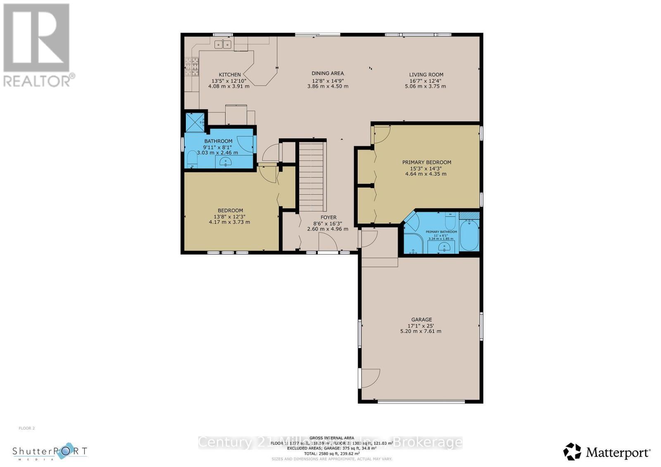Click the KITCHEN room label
click(230, 75)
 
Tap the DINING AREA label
click(328, 73)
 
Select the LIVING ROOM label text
click(426, 75)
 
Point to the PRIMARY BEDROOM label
click(426, 162)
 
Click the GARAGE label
click(421, 319)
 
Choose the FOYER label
click(328, 217)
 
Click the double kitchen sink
click(223, 44)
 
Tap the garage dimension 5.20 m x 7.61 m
click(421, 331)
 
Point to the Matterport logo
click(607, 453)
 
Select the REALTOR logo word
click(37, 80)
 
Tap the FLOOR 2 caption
click(27, 428)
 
